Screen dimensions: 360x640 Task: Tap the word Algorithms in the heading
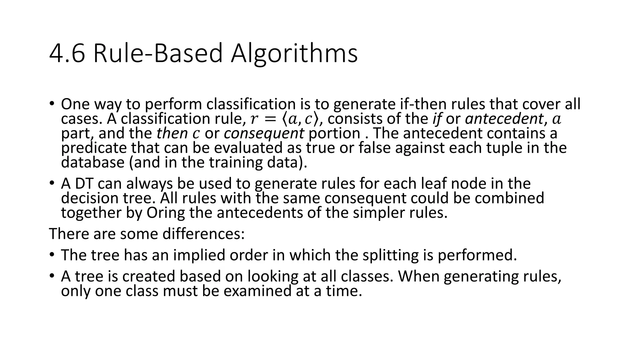pos(294,54)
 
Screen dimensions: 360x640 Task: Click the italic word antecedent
pos(504,119)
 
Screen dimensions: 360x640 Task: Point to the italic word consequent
pos(264,133)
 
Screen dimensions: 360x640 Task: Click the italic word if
pos(437,119)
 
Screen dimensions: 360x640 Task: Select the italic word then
pos(172,133)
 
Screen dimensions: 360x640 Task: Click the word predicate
pos(94,148)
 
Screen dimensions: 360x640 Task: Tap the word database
pos(93,162)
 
